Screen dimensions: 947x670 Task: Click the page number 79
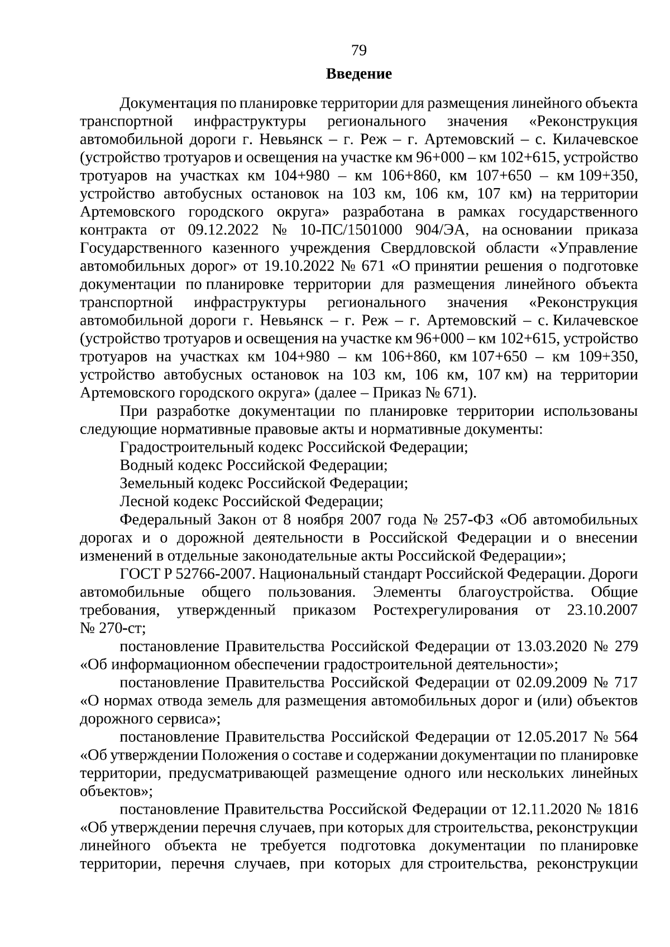coord(359,51)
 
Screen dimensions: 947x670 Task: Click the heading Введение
coord(359,74)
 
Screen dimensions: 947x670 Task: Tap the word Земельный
coord(150,483)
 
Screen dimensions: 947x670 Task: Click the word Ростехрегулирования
coord(445,610)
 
